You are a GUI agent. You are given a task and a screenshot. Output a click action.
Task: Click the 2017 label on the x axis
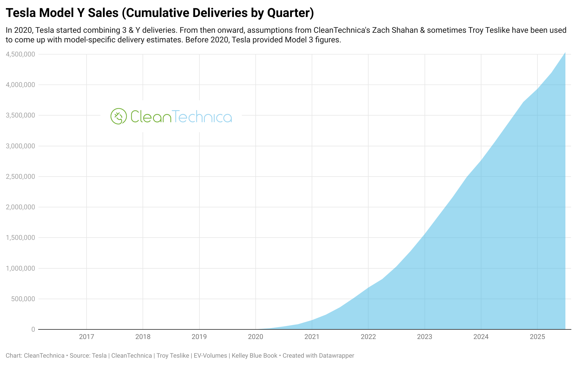coord(86,336)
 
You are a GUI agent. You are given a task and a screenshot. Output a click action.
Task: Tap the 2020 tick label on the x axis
coord(255,336)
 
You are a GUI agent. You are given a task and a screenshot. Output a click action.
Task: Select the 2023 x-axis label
coord(425,336)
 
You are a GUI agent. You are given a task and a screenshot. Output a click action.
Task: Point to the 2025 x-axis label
coord(537,336)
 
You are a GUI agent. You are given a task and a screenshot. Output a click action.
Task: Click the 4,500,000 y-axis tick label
coord(20,54)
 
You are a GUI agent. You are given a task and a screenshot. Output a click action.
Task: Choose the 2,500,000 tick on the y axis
coord(20,177)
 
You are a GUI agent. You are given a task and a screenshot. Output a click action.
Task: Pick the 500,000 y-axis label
coord(23,299)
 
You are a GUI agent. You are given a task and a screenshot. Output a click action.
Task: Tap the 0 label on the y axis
coord(33,329)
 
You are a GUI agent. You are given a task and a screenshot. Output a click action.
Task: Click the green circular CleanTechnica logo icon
coord(119,116)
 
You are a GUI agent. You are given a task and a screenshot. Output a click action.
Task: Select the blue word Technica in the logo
coord(202,116)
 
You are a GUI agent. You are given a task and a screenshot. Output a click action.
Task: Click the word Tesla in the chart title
coord(21,13)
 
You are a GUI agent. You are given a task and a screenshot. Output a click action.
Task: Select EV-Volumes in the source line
coord(210,356)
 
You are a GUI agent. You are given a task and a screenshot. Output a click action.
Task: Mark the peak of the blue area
coord(565,53)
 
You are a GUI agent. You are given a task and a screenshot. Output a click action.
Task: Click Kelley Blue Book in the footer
coord(254,356)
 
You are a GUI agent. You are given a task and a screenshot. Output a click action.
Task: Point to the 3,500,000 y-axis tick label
coord(20,115)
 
